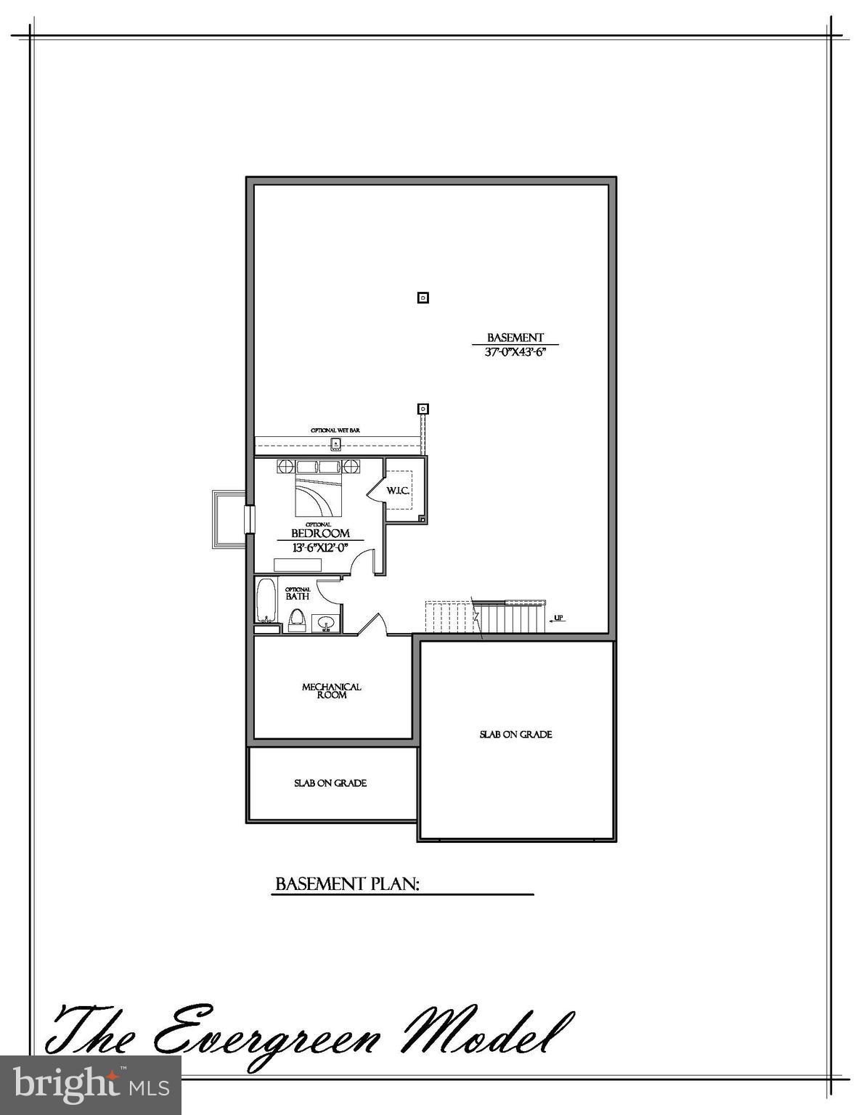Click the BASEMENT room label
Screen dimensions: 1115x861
515,338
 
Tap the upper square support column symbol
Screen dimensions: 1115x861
423,297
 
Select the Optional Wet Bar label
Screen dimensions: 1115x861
335,430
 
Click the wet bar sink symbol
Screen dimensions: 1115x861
335,443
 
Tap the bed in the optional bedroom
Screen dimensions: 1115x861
318,493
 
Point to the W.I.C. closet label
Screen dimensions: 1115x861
398,491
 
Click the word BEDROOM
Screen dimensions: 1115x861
320,534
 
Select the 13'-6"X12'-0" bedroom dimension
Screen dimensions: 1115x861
320,548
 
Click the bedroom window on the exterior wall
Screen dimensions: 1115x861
249,518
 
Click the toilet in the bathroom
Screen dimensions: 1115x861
296,621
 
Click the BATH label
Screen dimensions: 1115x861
298,596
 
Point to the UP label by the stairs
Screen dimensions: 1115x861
558,618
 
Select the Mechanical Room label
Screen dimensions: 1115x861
332,690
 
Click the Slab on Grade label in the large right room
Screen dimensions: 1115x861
515,734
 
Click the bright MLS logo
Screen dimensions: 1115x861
90,1085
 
